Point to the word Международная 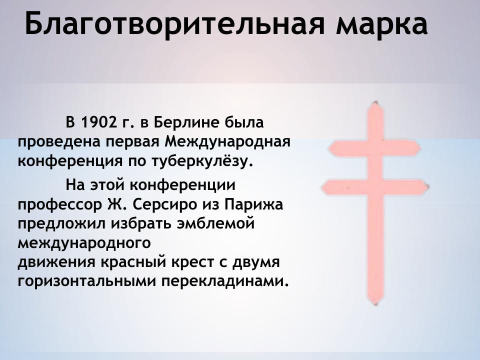click(227, 142)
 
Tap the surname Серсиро click(165, 205)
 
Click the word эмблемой click(215, 224)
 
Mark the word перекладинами click(225, 281)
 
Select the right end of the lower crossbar click(429, 188)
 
